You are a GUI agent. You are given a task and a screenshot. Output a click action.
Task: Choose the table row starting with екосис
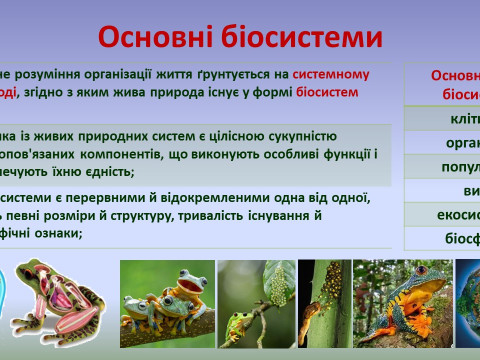pyautogui.click(x=451, y=214)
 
